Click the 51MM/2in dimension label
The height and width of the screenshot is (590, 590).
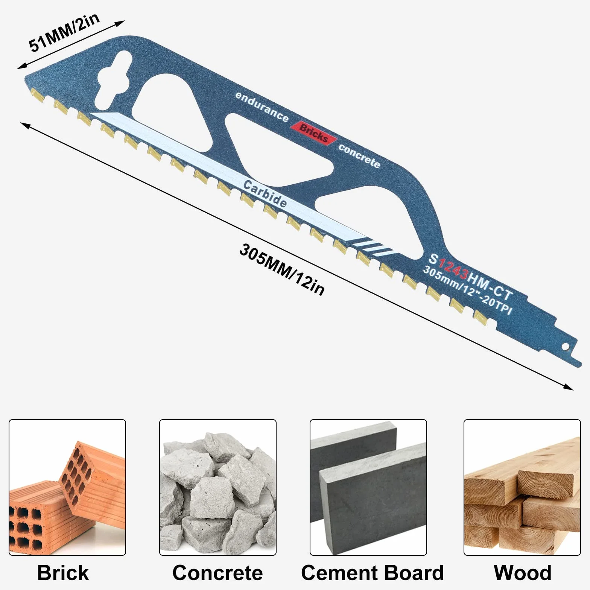[64, 33]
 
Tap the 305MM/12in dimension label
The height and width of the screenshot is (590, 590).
[282, 270]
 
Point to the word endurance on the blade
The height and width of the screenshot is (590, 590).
[262, 107]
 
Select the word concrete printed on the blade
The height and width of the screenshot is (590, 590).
[359, 155]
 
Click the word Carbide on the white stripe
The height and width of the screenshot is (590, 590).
[265, 193]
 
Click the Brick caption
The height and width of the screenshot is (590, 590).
[63, 573]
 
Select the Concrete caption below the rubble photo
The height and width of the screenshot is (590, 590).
[217, 573]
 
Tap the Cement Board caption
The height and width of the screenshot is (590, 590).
[373, 573]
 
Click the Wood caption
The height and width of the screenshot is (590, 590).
[523, 573]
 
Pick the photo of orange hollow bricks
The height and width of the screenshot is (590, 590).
[67, 487]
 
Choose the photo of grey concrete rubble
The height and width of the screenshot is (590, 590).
[218, 487]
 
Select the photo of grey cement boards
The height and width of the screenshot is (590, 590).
[368, 487]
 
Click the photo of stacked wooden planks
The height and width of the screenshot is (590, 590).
[522, 487]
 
